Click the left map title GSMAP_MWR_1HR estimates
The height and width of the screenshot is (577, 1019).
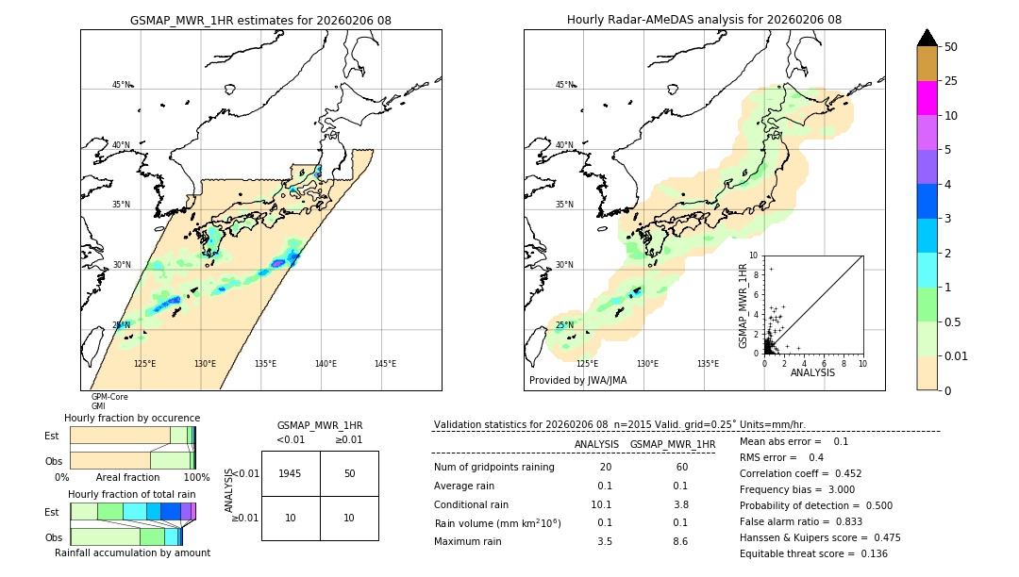pyautogui.click(x=260, y=20)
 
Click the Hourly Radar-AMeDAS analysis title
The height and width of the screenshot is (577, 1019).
pyautogui.click(x=704, y=20)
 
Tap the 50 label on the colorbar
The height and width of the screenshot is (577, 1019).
pyautogui.click(x=951, y=46)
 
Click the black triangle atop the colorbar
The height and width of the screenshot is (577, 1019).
pyautogui.click(x=927, y=38)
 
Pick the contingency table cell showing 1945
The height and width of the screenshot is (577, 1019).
pyautogui.click(x=291, y=473)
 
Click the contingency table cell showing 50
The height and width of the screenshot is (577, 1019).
pyautogui.click(x=349, y=473)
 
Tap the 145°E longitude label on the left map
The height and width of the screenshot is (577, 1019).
pyautogui.click(x=385, y=364)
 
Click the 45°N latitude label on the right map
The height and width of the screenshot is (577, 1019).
pyautogui.click(x=564, y=85)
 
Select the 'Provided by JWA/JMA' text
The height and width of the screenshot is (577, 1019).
pyautogui.click(x=577, y=381)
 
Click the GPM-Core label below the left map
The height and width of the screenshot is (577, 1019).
pyautogui.click(x=109, y=397)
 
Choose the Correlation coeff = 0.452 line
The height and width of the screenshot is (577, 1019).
pyautogui.click(x=801, y=473)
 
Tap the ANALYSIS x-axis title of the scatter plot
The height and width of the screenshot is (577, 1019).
pyautogui.click(x=811, y=372)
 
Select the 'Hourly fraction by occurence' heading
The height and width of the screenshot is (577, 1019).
pyautogui.click(x=132, y=418)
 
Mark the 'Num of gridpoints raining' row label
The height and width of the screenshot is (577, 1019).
pyautogui.click(x=493, y=468)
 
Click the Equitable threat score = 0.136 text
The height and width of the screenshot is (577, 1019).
pyautogui.click(x=813, y=553)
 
